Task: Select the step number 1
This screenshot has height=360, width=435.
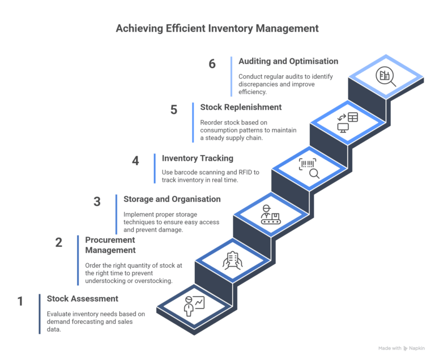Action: [20, 301]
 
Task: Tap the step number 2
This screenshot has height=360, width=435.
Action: [59, 242]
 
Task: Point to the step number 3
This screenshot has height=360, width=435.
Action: [97, 202]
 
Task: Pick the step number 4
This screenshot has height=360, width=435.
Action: [136, 161]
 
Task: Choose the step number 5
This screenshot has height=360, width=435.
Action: [174, 109]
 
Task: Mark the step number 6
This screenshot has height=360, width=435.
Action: [212, 63]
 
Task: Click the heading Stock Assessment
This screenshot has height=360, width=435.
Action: [83, 298]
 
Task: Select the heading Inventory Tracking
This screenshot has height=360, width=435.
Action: [198, 158]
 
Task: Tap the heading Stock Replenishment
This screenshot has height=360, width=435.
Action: [241, 106]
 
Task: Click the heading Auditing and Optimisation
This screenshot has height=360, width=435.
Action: [288, 61]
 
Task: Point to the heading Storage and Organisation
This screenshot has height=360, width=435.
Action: [172, 199]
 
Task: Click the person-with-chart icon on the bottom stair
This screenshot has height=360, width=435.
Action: [194, 306]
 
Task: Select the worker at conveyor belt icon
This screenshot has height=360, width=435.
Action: [270, 215]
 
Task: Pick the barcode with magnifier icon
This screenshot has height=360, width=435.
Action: [309, 169]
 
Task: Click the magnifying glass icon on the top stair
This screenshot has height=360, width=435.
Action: [386, 76]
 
